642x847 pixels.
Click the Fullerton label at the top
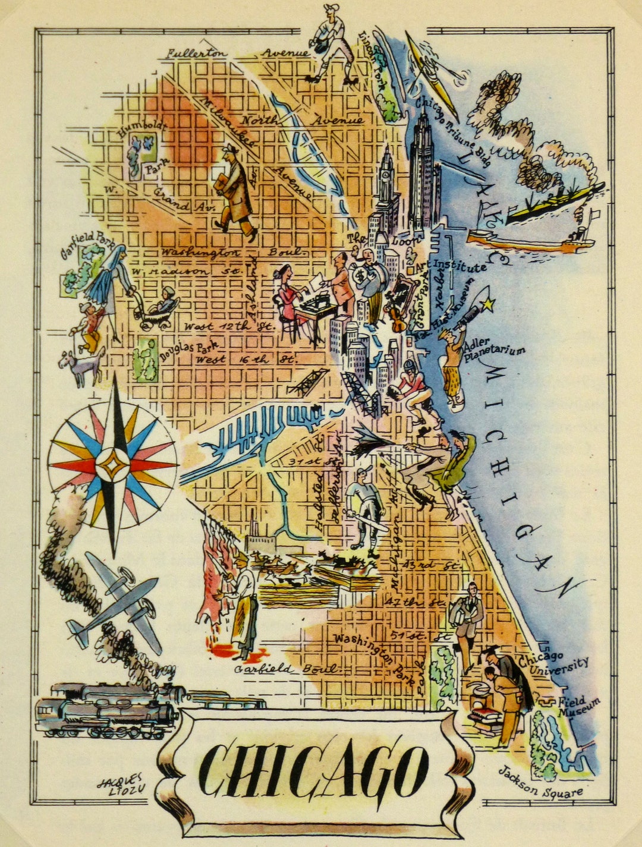[197, 53]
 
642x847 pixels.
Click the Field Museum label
[578, 705]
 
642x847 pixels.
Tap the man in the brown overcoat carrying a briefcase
[235, 193]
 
